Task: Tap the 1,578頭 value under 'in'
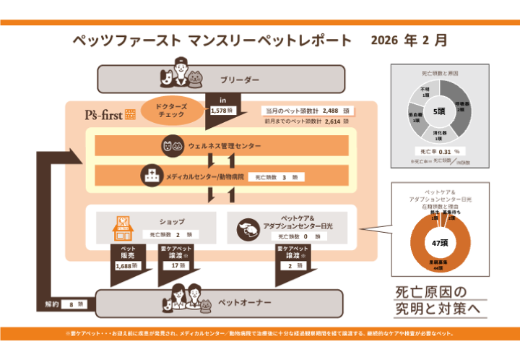tap(220, 111)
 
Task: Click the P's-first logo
tap(105, 115)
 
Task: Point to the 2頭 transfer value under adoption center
tap(290, 266)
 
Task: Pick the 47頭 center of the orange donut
tap(440, 243)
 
